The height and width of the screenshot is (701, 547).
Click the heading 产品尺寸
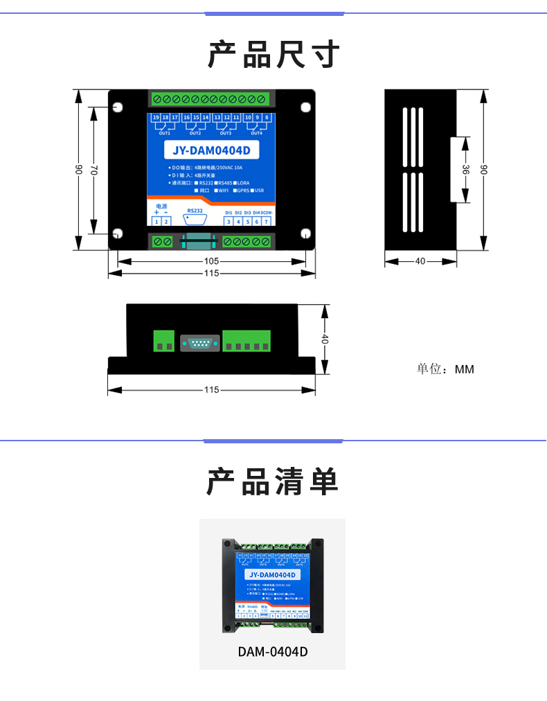273,54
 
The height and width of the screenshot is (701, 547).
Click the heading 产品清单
273,481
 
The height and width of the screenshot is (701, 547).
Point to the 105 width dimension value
212,261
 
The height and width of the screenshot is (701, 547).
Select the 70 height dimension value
94,170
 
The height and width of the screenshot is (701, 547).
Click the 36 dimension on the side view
466,170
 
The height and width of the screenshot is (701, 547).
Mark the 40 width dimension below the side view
420,261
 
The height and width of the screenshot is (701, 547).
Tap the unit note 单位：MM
445,369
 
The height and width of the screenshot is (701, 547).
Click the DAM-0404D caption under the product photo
272,652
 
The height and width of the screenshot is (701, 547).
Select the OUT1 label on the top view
165,133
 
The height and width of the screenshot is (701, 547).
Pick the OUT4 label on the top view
256,133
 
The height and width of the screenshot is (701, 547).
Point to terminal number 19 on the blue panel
156,118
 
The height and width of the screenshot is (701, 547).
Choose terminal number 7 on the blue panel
266,222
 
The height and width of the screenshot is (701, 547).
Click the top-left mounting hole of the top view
118,107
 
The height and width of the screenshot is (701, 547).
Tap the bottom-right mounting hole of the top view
305,233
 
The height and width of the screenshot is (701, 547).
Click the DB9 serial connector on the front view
198,342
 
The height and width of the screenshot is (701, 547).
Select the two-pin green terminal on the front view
164,341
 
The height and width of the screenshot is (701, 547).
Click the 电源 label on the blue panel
161,206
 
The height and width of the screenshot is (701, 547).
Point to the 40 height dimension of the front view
325,339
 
